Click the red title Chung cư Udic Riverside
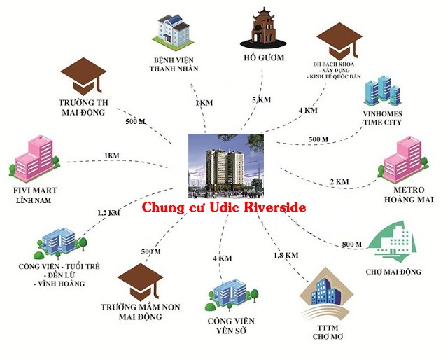[224, 208]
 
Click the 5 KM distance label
[260, 99]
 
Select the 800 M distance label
[352, 244]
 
